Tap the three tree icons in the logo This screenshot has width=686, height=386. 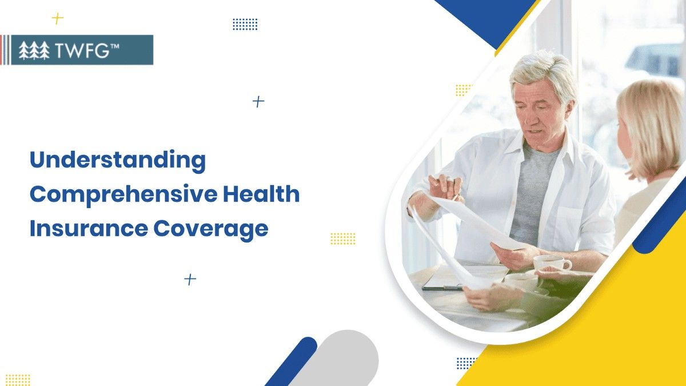tap(34, 51)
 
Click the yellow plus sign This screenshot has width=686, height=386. tap(57, 18)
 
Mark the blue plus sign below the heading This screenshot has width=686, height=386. tap(190, 279)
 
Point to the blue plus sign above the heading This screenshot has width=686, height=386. tap(258, 102)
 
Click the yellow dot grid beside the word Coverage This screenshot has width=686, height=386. tap(343, 238)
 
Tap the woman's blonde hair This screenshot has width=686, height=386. tap(652, 126)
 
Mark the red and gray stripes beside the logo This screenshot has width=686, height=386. tap(5, 50)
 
